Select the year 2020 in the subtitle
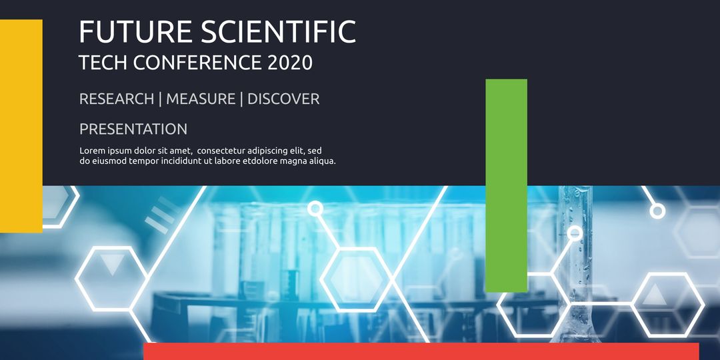pyautogui.click(x=289, y=63)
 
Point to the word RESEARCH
pyautogui.click(x=117, y=99)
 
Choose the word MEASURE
pyautogui.click(x=201, y=99)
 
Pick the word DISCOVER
pyautogui.click(x=283, y=99)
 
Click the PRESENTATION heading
pyautogui.click(x=133, y=129)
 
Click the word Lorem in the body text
pyautogui.click(x=93, y=151)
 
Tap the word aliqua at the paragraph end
pyautogui.click(x=319, y=161)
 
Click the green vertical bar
pyautogui.click(x=506, y=185)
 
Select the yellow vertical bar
pyautogui.click(x=21, y=126)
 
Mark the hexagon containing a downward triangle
pyautogui.click(x=111, y=279)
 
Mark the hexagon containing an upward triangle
pyautogui.click(x=667, y=304)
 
